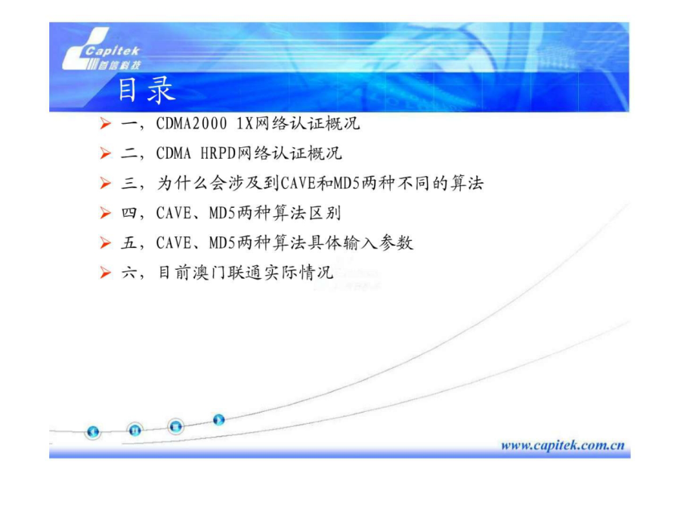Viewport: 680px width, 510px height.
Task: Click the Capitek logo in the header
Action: [101, 49]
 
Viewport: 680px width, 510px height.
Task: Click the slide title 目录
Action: [147, 90]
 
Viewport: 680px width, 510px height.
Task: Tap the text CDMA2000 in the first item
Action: [191, 124]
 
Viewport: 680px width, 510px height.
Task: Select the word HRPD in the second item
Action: [218, 153]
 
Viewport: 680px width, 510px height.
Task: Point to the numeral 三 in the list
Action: [129, 183]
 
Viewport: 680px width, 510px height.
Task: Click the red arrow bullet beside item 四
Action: [105, 213]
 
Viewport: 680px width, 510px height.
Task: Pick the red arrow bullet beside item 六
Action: [105, 272]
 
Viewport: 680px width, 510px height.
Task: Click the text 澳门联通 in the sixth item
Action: [227, 272]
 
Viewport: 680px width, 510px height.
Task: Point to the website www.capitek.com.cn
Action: [562, 445]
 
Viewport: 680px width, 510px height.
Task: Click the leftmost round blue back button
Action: [93, 431]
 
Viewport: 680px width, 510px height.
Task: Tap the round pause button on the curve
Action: [135, 430]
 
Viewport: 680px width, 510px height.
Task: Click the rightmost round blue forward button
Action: [218, 419]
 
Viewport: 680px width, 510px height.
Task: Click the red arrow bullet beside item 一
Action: [105, 124]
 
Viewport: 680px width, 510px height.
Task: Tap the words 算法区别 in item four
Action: [307, 213]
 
